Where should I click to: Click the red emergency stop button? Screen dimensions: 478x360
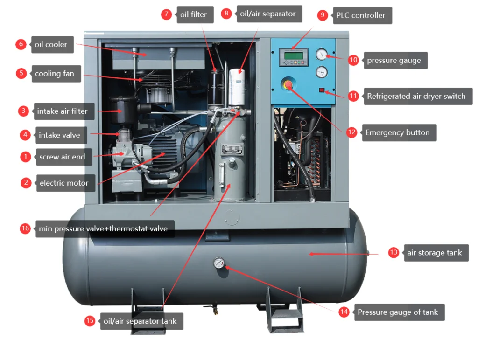(x=288, y=84)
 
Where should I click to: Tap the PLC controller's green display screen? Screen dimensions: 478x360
(x=293, y=56)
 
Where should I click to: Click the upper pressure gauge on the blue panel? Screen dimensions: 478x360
(x=321, y=55)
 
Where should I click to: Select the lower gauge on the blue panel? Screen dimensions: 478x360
(x=321, y=72)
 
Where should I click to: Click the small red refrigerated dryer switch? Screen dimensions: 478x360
(x=322, y=90)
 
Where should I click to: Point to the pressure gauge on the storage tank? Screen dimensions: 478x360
(x=218, y=263)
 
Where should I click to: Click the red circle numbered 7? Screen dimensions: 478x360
(x=167, y=14)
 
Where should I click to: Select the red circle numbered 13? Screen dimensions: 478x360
(x=394, y=252)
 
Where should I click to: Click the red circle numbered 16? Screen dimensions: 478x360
(x=25, y=228)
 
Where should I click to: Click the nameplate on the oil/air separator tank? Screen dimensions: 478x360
(x=232, y=149)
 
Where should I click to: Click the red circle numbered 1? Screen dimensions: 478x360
(x=26, y=157)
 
